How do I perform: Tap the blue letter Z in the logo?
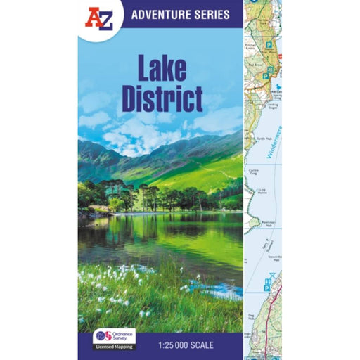point(105,20)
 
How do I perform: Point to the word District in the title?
point(162,99)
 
